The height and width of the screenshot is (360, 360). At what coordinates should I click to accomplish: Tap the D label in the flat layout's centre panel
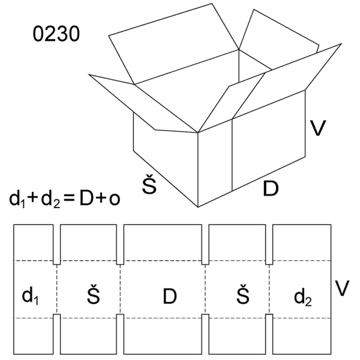(x=169, y=296)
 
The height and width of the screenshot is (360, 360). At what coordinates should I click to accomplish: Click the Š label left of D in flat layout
(x=94, y=295)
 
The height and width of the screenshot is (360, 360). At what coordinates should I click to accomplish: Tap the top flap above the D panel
(x=163, y=242)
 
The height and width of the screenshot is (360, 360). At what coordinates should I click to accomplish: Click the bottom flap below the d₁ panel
(x=33, y=336)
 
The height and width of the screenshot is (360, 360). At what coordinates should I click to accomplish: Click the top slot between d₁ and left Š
(x=56, y=244)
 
